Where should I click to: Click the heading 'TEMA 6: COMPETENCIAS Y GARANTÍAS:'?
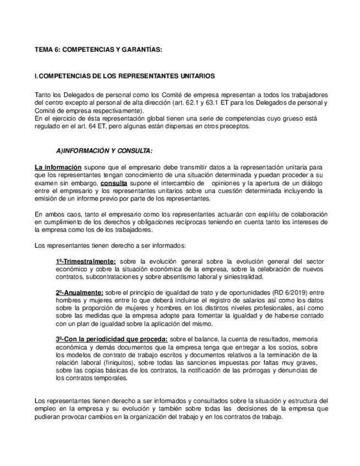tap(98, 49)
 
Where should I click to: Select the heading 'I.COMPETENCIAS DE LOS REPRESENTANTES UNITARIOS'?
tap(124, 76)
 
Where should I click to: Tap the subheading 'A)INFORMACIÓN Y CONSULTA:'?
tap(104, 151)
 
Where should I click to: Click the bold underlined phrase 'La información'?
tap(58, 167)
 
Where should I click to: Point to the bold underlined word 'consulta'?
tap(114, 182)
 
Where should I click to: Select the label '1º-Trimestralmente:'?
tap(86, 261)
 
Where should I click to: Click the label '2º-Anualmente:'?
tap(79, 292)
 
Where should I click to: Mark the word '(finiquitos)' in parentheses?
tap(126, 363)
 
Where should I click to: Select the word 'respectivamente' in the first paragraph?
tap(115, 110)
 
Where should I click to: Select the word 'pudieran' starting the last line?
tap(47, 417)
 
